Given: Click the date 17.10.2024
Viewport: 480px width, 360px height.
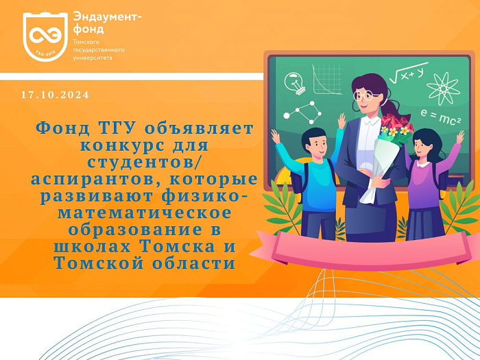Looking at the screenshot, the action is (55, 95).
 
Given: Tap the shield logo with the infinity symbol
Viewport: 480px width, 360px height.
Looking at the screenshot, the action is (45, 36).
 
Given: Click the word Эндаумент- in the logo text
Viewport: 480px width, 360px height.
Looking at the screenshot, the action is (108, 17).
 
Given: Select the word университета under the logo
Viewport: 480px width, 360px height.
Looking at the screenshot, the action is (93, 58).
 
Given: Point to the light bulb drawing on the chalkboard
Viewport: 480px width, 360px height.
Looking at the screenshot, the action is (295, 82).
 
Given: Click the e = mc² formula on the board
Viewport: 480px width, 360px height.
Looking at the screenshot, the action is (440, 117).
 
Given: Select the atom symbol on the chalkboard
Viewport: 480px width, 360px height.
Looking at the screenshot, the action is (443, 88).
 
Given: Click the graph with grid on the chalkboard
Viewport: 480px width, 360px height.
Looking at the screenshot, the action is (326, 80).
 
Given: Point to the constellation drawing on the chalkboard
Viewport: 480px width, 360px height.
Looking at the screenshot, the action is (302, 112).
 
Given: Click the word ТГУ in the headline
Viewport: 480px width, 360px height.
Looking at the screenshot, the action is (117, 129).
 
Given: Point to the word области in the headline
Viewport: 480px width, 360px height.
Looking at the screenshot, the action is (194, 263).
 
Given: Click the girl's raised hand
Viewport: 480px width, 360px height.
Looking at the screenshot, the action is (460, 137).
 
